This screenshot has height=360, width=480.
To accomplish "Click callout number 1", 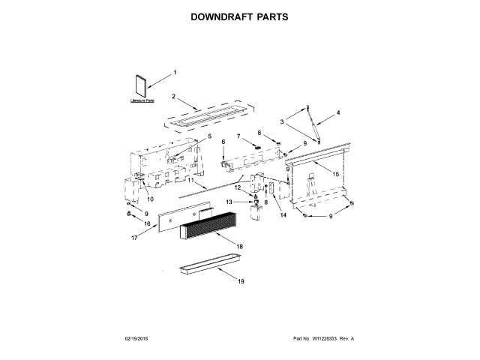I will [x=175, y=72].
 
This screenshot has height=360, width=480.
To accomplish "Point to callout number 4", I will [x=338, y=112].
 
